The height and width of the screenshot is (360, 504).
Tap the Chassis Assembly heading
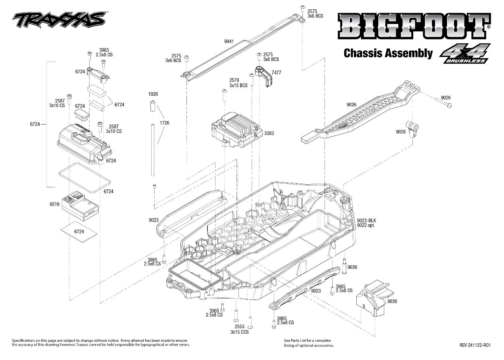(388, 53)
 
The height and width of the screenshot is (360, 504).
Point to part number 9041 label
(229, 41)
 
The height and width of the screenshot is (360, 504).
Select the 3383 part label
(269, 133)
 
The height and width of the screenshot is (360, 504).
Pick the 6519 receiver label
(54, 204)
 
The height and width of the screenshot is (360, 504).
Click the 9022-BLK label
(366, 220)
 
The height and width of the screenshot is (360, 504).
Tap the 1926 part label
(153, 94)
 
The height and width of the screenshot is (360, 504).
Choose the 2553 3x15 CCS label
(239, 329)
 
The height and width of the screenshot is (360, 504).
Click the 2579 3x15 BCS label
(238, 83)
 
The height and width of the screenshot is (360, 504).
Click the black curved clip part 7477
(265, 76)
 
